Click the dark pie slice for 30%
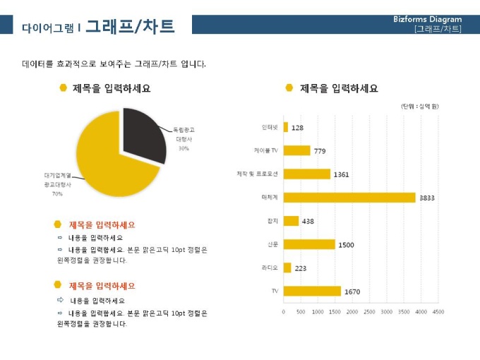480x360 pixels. (144, 134)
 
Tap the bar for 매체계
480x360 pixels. (349, 198)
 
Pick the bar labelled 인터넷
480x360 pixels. (286, 127)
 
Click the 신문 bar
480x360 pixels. (309, 244)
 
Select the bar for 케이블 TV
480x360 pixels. (296, 150)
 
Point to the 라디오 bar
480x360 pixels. (287, 268)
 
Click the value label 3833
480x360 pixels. (427, 198)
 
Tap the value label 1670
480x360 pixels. (352, 292)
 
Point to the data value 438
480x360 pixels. (308, 222)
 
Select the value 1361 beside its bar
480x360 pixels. (342, 174)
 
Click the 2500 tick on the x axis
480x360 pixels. (369, 311)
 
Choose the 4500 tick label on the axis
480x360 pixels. (438, 311)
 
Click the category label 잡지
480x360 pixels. (272, 221)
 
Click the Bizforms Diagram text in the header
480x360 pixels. (428, 19)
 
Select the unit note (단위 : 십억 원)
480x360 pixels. (420, 106)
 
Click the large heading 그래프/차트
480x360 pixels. (130, 26)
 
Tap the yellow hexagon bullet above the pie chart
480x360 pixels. (64, 88)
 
